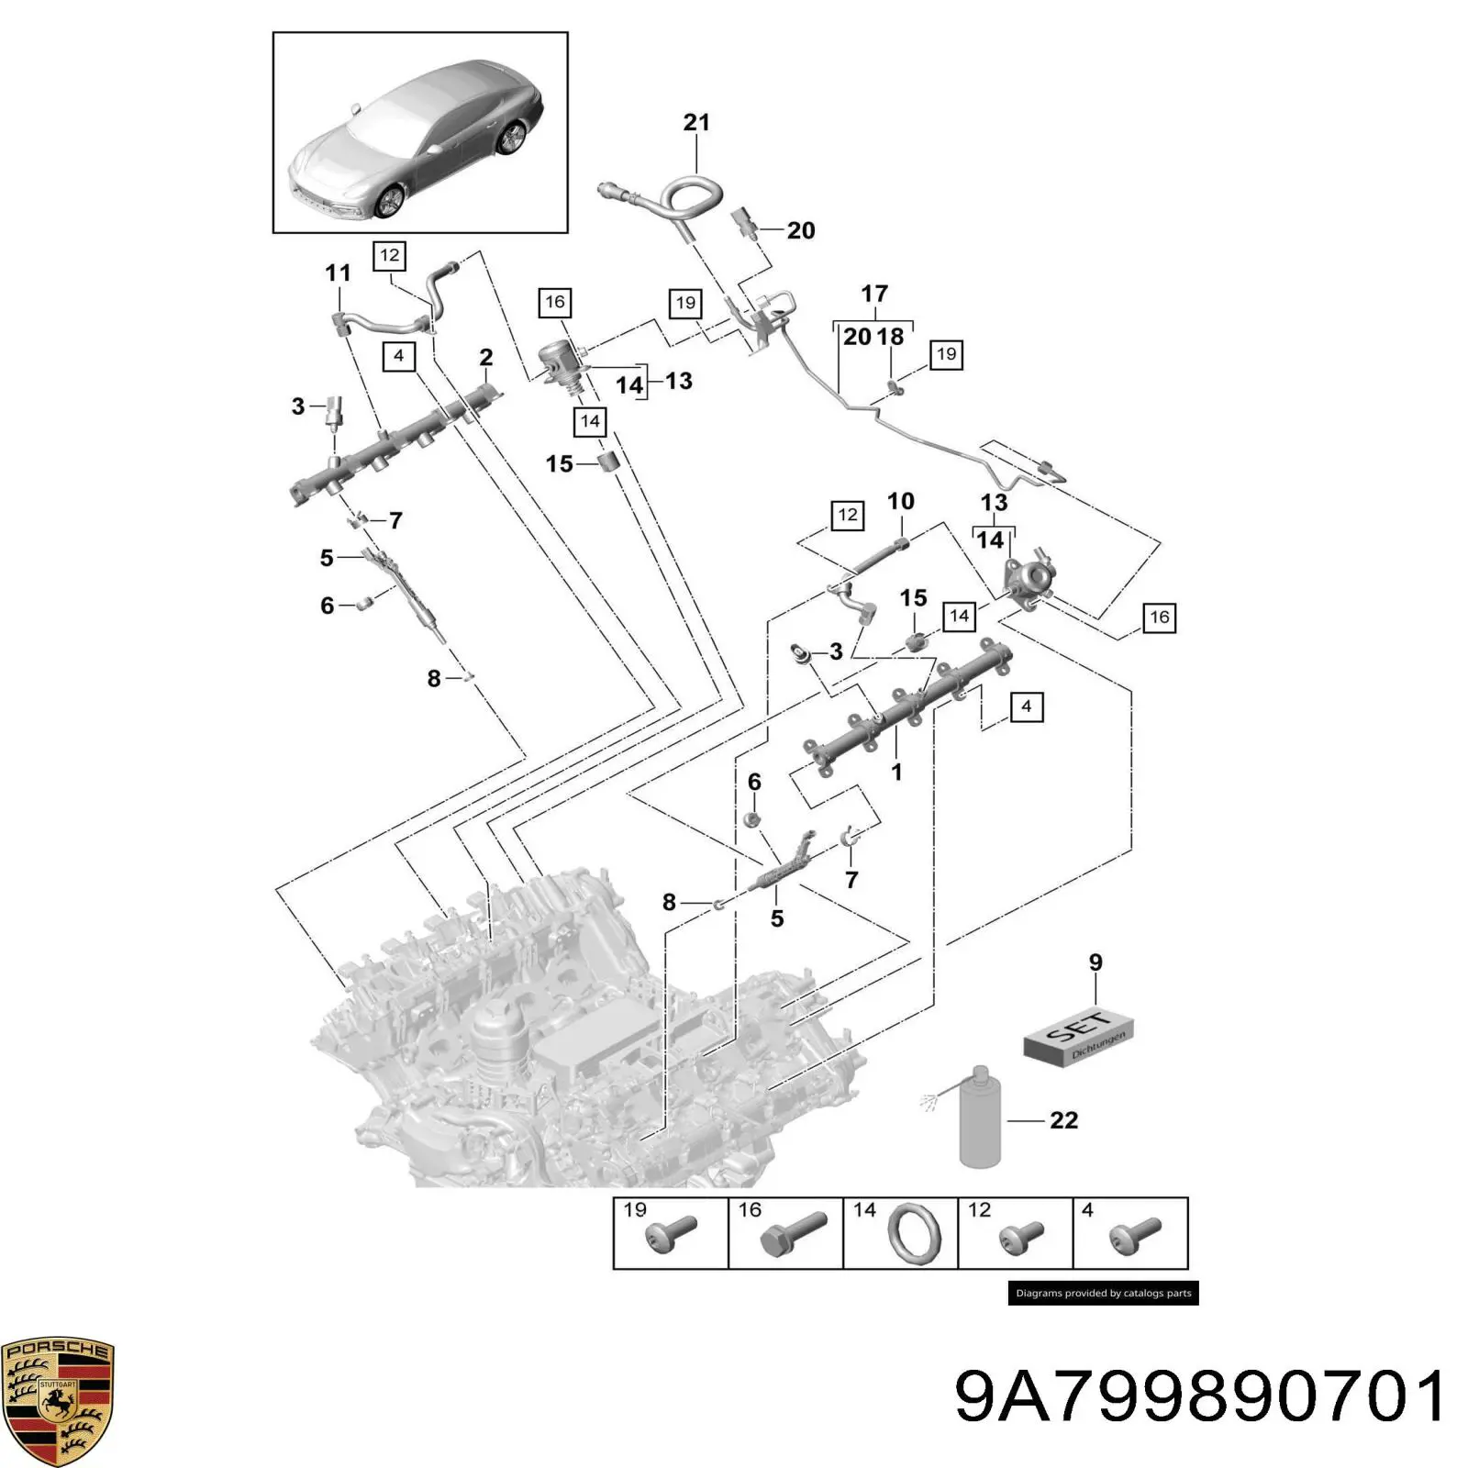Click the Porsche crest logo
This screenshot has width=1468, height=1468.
[57, 1400]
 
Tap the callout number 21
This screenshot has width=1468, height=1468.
[696, 122]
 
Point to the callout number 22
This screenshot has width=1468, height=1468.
[1063, 1120]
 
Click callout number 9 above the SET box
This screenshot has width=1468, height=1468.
[1095, 962]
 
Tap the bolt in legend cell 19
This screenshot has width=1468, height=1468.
[671, 1234]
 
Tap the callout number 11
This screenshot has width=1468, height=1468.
[338, 272]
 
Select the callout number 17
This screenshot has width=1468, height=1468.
[874, 294]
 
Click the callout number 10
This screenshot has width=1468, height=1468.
[900, 501]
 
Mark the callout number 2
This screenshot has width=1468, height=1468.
[485, 357]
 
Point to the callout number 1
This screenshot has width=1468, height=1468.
[896, 773]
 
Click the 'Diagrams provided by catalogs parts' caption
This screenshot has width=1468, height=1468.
[1103, 1293]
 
